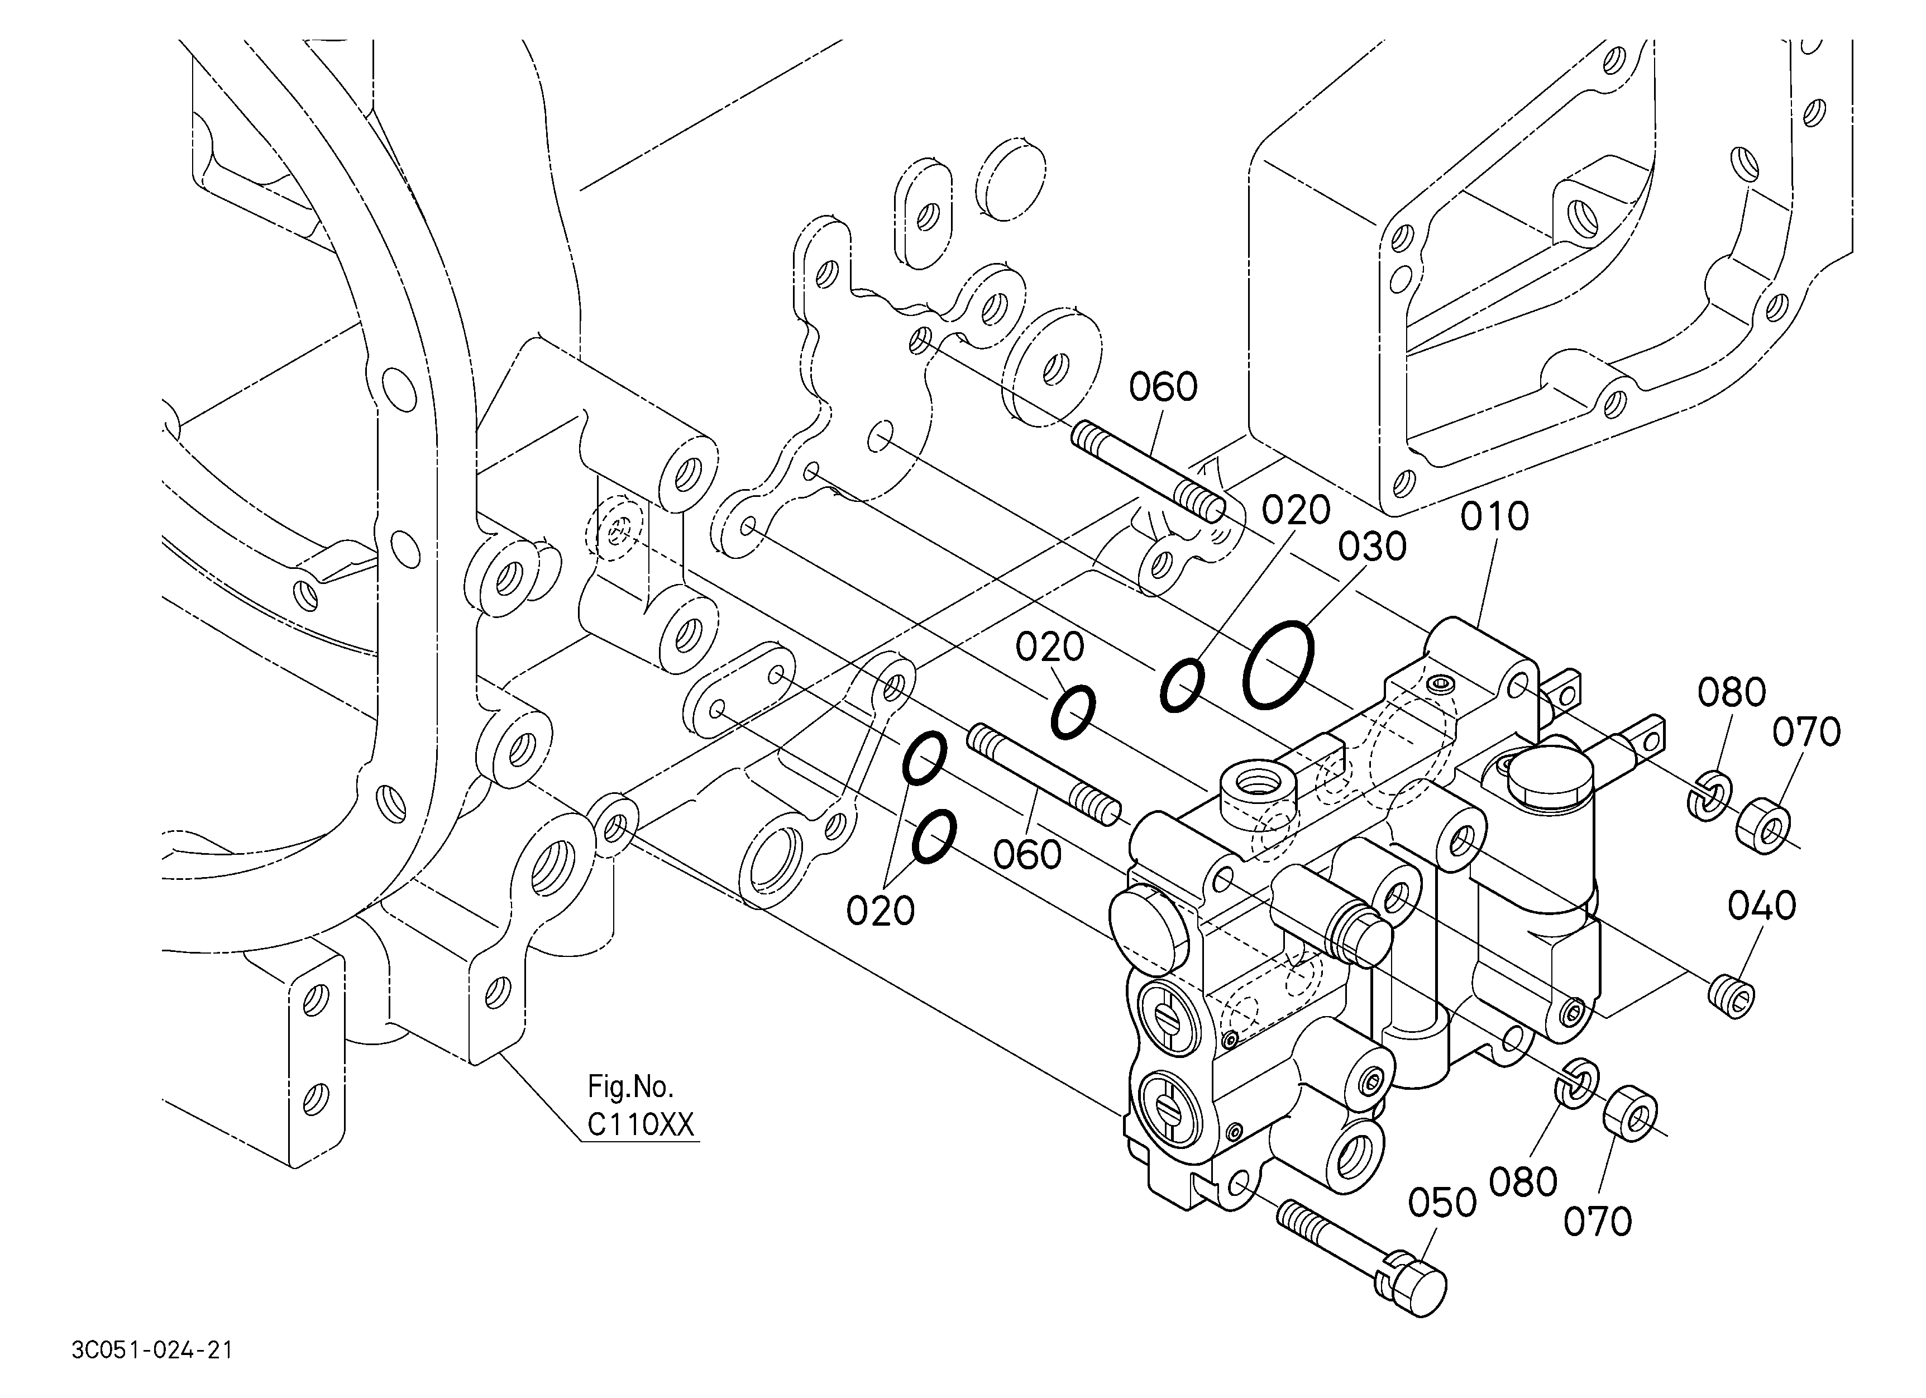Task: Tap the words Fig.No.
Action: pos(630,1086)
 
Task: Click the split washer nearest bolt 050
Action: pos(1575,1084)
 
